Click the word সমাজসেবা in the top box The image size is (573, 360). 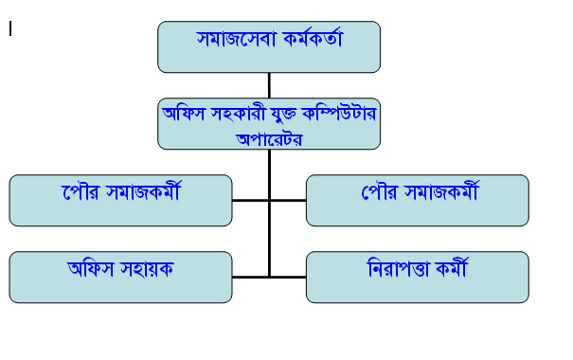tap(236, 39)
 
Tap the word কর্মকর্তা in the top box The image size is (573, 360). tap(313, 38)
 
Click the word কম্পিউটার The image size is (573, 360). tap(339, 114)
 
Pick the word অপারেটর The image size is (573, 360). tap(269, 139)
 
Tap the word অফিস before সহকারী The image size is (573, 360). tap(183, 114)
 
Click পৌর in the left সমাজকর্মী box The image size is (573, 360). tap(81, 192)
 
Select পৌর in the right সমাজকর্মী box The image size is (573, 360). tap(380, 192)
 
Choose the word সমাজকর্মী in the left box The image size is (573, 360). tap(143, 191)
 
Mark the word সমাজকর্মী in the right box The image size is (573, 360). tap(441, 191)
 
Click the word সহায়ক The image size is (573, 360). tap(147, 269)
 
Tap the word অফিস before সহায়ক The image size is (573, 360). tap(90, 269)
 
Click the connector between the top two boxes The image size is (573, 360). tap(269, 85)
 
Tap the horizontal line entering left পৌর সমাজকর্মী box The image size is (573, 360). tap(251, 200)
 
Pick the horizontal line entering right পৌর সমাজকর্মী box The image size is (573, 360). tap(288, 200)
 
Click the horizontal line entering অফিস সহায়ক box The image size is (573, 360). tap(251, 277)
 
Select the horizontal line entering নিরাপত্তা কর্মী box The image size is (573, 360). tap(288, 277)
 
